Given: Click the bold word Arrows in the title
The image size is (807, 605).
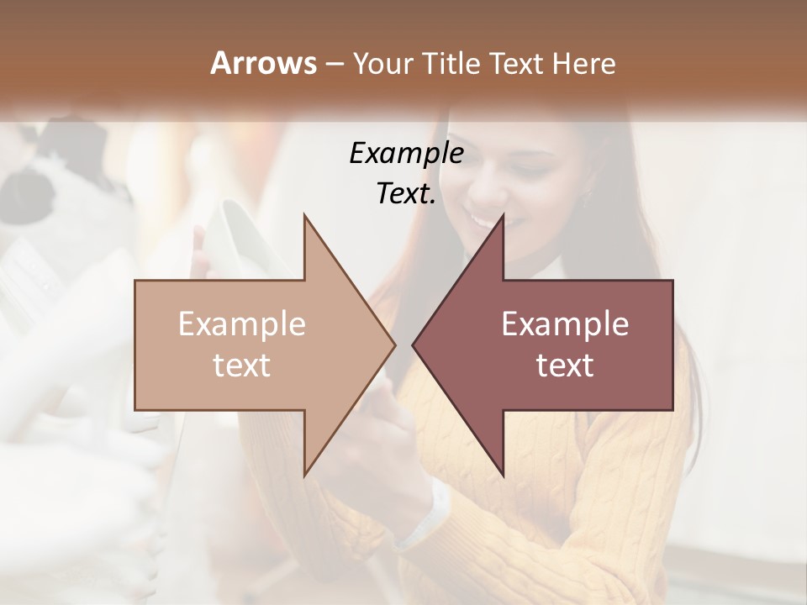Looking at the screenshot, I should click(x=263, y=63).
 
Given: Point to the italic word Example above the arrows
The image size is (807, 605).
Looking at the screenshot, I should click(x=406, y=153).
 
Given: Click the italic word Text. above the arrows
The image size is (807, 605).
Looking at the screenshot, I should click(x=406, y=193).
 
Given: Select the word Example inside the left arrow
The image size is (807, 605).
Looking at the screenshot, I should click(x=242, y=324).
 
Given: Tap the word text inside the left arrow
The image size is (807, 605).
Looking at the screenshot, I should click(x=242, y=366).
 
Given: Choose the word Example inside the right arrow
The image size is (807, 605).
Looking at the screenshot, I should click(x=565, y=324).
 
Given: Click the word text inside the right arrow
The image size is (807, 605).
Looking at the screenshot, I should click(x=565, y=366).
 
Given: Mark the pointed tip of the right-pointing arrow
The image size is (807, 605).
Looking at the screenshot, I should click(x=395, y=345).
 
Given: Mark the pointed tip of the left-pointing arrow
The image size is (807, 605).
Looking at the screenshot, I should click(x=413, y=345).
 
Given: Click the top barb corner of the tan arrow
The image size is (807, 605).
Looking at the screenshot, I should click(x=304, y=215).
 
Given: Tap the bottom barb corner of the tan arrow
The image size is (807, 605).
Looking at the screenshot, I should click(x=304, y=475).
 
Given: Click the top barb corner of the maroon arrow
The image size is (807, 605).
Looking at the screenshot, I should click(x=504, y=215).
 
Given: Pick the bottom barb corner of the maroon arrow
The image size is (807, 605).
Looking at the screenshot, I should click(x=504, y=475).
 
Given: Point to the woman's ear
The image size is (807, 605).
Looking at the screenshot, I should click(x=586, y=192).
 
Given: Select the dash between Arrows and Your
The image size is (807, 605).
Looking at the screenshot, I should click(x=333, y=65).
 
